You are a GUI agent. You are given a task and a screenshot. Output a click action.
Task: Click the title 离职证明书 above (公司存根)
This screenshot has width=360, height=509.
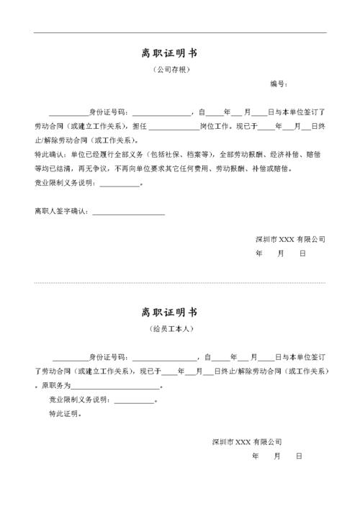pyautogui.click(x=170, y=53)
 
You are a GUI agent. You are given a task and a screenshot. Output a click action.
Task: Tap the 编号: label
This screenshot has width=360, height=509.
pyautogui.click(x=279, y=84)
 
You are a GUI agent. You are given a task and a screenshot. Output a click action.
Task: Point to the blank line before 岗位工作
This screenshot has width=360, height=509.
pyautogui.click(x=174, y=127)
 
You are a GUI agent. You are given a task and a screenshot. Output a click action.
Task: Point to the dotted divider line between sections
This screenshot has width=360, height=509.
pyautogui.click(x=180, y=282)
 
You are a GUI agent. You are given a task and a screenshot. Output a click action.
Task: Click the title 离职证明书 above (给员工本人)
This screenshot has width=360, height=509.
pyautogui.click(x=170, y=312)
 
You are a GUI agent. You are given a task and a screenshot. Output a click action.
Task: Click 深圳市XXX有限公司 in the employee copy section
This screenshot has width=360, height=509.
pyautogui.click(x=246, y=441)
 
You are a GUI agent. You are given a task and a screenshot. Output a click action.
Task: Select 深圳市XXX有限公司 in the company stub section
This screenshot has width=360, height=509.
pyautogui.click(x=289, y=239)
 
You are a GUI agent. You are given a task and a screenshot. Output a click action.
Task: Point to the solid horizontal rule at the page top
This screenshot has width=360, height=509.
pyautogui.click(x=180, y=32)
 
